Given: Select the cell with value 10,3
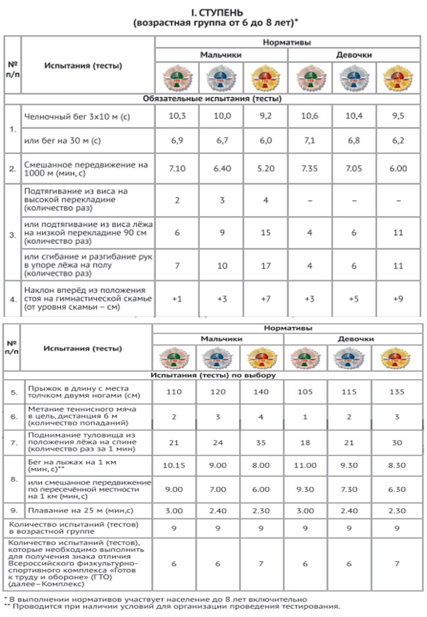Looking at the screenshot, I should click(x=177, y=116).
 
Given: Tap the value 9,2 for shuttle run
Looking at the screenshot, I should click(x=265, y=116).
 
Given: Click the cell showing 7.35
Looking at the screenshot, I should click(x=310, y=168).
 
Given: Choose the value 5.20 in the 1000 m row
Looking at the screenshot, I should click(x=265, y=168).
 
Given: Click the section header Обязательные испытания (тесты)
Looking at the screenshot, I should click(x=213, y=98).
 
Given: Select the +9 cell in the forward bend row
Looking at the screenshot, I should click(x=398, y=299).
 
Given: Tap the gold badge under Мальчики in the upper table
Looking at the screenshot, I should click(x=265, y=78).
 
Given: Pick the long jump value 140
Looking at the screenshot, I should click(x=262, y=392).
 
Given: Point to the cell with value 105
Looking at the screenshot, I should click(x=306, y=392).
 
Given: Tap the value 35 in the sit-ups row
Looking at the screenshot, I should click(x=262, y=442).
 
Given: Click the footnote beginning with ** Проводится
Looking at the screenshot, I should click(x=172, y=606).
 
